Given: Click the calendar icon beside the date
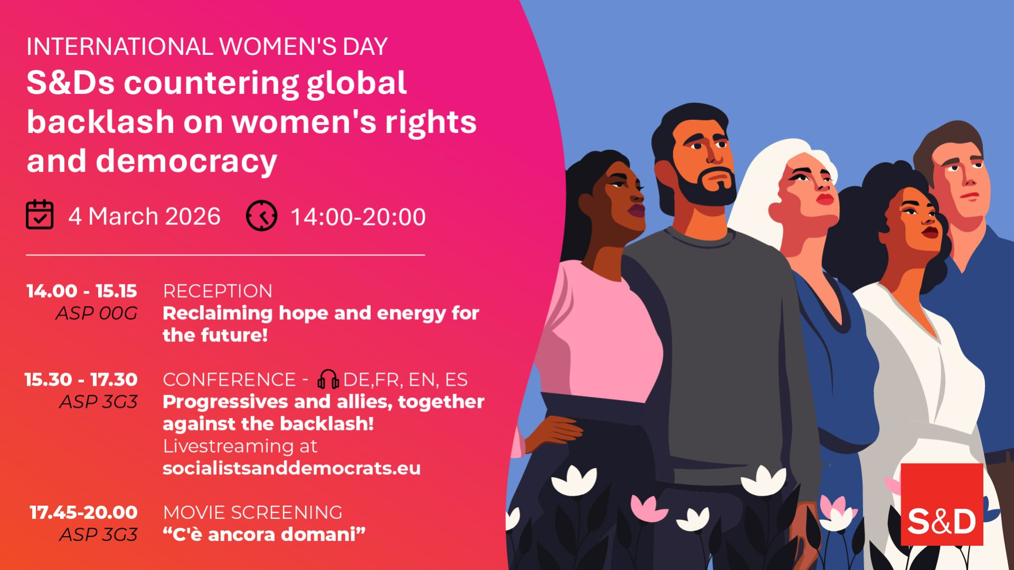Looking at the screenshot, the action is tap(40, 215).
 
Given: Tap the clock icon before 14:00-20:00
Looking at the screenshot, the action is tap(261, 215).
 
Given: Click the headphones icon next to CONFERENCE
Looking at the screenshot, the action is tap(328, 379).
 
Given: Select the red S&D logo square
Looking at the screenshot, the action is tap(942, 504).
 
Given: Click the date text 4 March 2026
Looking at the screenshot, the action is tap(144, 216).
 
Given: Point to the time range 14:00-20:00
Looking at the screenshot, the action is tap(359, 217).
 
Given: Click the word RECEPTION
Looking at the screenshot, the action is tap(218, 291).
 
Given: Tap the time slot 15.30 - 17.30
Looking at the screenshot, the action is tap(81, 379).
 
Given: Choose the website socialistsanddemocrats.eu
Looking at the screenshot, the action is tap(292, 468).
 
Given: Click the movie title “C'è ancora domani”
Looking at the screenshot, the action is tap(264, 534).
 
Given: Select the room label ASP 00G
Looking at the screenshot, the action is tap(97, 313).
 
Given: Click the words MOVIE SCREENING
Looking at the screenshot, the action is tap(252, 512).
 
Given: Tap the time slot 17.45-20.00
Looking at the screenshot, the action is tap(83, 512).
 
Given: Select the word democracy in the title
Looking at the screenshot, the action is tap(186, 161).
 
